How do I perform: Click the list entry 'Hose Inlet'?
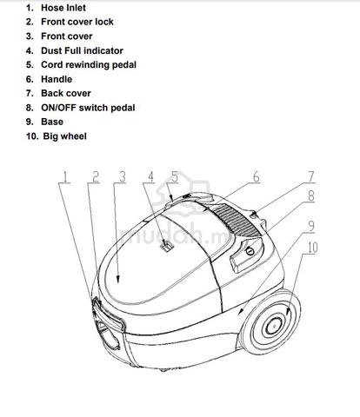(x=63, y=8)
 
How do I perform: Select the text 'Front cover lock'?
(x=77, y=22)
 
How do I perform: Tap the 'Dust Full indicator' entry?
(x=82, y=50)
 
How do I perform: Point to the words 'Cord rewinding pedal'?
(x=89, y=65)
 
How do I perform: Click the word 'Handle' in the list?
(x=57, y=79)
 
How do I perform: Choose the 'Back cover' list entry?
(x=66, y=93)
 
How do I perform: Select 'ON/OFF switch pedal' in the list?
(x=88, y=108)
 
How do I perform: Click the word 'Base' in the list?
(x=52, y=122)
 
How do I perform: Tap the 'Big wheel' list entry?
(x=64, y=136)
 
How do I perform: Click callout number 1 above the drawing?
(x=65, y=176)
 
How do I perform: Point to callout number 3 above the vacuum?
(x=123, y=176)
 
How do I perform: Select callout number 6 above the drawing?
(x=257, y=176)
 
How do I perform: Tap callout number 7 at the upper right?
(x=310, y=176)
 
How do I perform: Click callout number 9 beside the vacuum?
(x=310, y=226)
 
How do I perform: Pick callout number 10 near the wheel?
(x=312, y=248)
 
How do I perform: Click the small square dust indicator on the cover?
(x=167, y=246)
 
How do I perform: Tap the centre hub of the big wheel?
(x=274, y=326)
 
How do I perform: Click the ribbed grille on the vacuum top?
(x=237, y=220)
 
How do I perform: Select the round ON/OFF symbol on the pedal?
(x=250, y=251)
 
